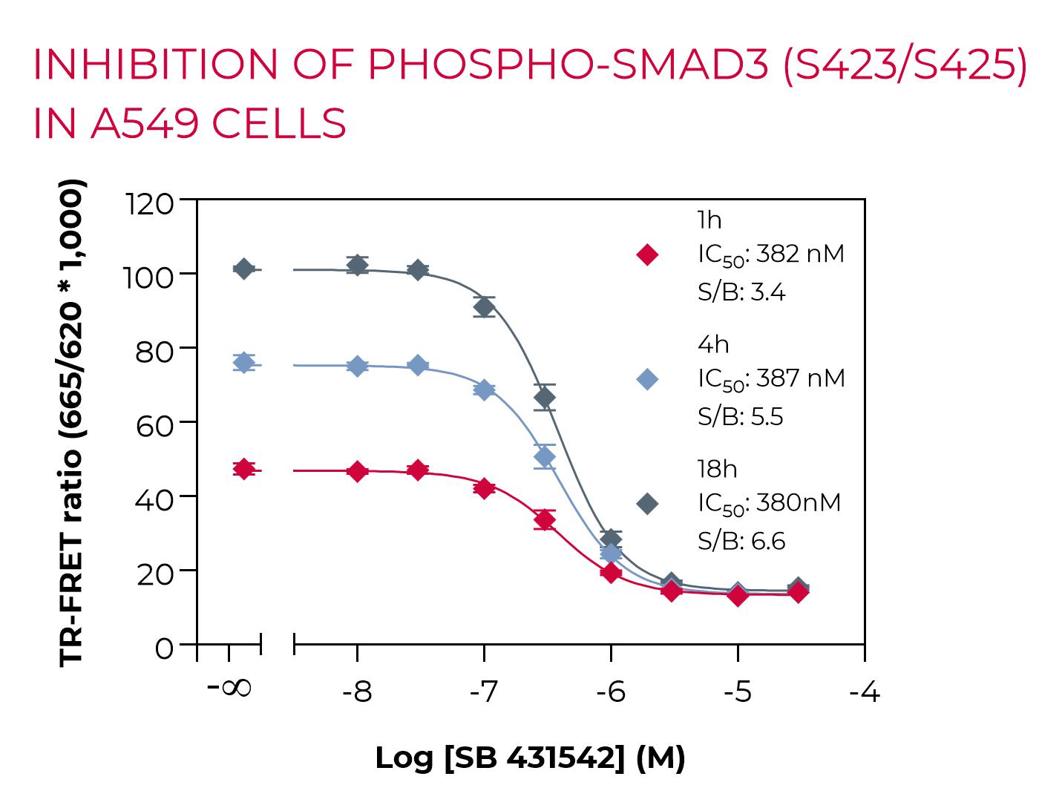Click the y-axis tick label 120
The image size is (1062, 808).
[x=151, y=203]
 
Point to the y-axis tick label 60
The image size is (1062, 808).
[x=155, y=424]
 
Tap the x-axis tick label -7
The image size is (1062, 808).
[x=484, y=693]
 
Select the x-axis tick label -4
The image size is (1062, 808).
[x=865, y=693]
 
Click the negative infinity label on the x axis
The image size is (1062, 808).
[x=229, y=688]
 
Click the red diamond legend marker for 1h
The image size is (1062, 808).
[x=647, y=254]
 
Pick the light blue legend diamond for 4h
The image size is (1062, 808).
[x=647, y=379]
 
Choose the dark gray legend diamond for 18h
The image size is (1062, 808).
[x=647, y=504]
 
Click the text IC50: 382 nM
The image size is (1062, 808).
[x=770, y=255]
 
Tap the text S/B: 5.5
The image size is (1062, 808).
[x=740, y=417]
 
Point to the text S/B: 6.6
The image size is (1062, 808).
[x=741, y=542]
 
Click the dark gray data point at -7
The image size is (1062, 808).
[x=484, y=307]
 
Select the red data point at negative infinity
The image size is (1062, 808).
[x=243, y=469]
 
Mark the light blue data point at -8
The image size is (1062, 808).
[x=357, y=366]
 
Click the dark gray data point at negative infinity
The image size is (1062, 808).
[x=243, y=269]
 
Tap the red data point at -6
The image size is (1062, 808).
[x=610, y=573]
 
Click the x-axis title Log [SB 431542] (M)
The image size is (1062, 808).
[x=530, y=758]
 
